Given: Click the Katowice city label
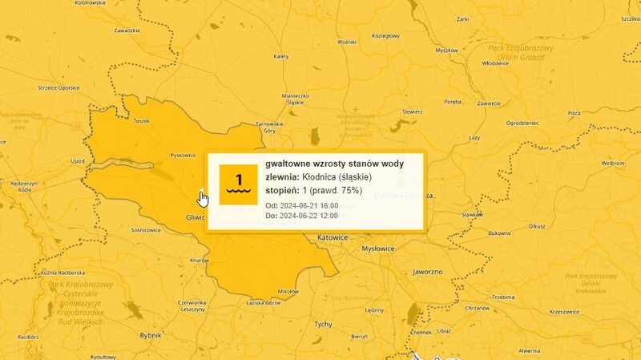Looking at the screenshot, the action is point(333,238).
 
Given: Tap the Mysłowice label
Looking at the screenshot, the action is point(378,249).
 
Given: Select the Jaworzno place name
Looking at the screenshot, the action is point(427,272).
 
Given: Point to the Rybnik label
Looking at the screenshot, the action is point(151,335).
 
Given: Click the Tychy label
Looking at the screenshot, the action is point(323,324).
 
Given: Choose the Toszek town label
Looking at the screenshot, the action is point(142,121).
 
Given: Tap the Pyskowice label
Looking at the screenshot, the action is point(183,155).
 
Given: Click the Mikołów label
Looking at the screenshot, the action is point(287,291).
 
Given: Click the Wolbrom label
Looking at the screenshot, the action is point(613,163).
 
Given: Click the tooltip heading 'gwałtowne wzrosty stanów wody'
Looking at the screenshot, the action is point(335,164).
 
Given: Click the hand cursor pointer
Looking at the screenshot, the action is point(203,197).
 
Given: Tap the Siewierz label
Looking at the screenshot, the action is point(412,111).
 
